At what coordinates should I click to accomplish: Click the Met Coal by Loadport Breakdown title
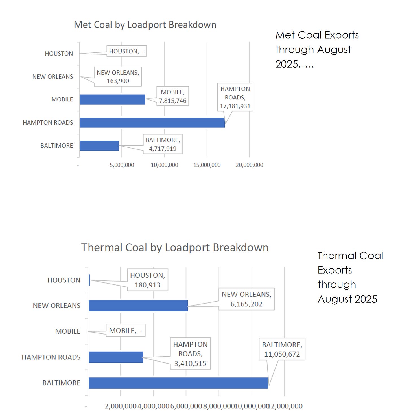coord(145,25)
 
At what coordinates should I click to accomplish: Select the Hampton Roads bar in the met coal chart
coord(152,123)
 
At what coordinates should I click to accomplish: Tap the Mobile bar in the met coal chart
coord(112,99)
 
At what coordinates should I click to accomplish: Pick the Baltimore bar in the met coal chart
coord(99,146)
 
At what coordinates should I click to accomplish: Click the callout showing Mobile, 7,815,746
coord(172,96)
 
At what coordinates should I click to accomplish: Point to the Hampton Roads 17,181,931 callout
coord(235,97)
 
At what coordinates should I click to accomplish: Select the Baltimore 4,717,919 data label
coord(163,144)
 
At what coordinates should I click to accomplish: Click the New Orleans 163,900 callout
coord(118,77)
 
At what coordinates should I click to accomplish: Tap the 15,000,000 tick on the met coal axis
coord(207,165)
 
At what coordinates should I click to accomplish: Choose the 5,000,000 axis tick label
coord(122,165)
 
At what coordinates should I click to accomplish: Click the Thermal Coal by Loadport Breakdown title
coord(175,247)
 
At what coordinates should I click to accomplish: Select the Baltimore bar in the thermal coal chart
coord(178,383)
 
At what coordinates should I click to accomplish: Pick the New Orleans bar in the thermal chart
coord(138,306)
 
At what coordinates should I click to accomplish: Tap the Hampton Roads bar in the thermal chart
coord(116,357)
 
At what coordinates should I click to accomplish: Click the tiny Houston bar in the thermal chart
coord(89,280)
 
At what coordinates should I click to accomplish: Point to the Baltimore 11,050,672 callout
coord(282,349)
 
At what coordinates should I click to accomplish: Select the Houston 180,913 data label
coord(147,280)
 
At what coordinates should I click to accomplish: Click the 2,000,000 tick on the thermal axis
coord(121,406)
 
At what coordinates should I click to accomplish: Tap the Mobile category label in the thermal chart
coord(68,331)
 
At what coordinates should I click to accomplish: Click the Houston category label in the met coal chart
coord(59,54)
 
